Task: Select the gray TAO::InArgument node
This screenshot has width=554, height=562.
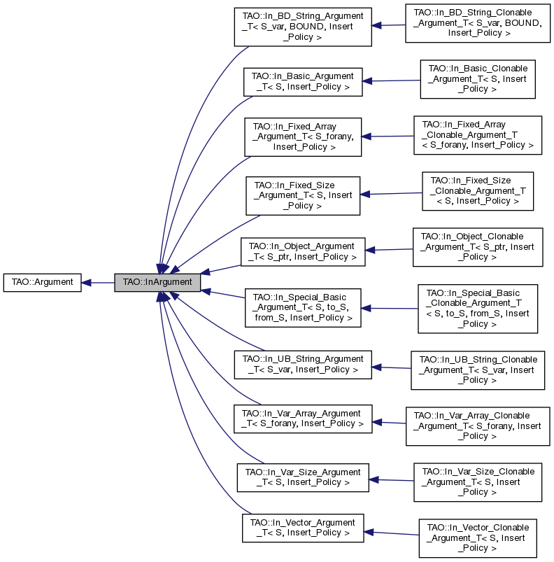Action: [x=157, y=283]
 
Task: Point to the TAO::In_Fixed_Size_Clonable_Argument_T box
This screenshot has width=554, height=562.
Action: [x=478, y=191]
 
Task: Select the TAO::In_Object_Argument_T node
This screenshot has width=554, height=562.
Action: [x=303, y=252]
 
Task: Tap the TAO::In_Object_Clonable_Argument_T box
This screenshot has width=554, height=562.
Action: [x=478, y=247]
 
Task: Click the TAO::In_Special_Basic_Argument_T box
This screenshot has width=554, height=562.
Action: [x=303, y=307]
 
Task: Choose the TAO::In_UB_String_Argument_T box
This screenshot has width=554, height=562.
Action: [x=303, y=364]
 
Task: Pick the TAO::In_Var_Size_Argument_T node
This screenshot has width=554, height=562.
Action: [x=303, y=477]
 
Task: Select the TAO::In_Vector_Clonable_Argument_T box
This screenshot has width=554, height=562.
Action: [x=478, y=538]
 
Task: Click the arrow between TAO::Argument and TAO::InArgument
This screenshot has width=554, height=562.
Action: [x=98, y=283]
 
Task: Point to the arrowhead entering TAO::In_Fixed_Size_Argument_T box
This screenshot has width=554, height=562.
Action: [x=365, y=195]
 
